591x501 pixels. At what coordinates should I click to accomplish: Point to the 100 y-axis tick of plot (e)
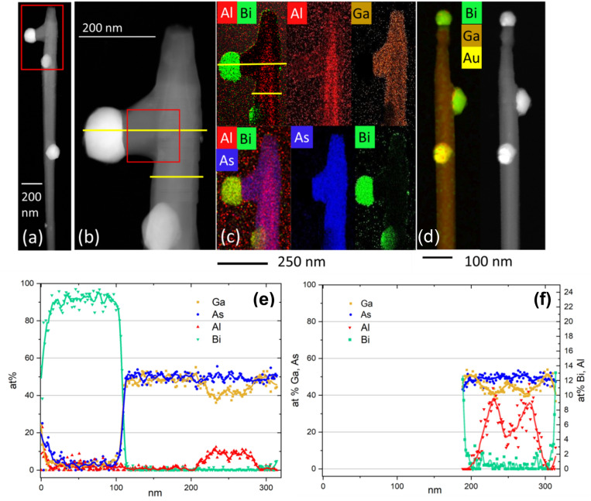coord(29,284)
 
